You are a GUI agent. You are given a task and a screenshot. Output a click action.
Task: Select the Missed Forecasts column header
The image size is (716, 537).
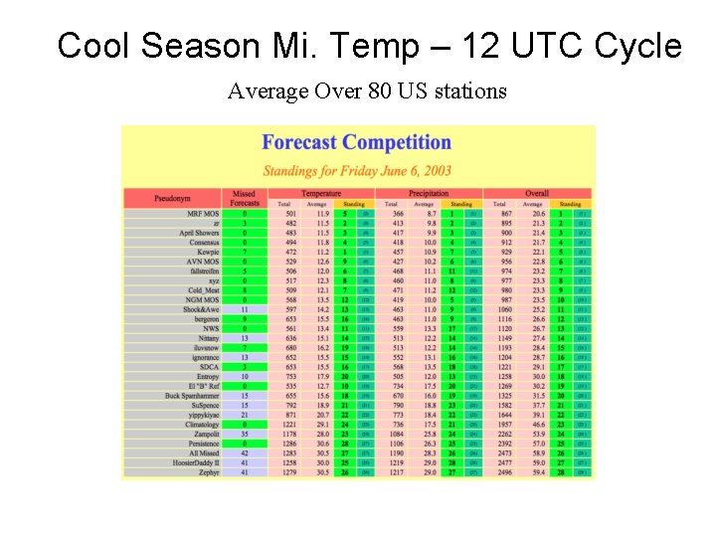coord(244,198)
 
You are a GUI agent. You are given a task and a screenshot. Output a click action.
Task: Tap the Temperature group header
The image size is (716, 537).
coord(321,193)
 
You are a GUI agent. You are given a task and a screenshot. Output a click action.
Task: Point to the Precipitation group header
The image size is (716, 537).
coord(429,193)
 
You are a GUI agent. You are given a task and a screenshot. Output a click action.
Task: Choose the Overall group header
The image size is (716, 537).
coord(537,193)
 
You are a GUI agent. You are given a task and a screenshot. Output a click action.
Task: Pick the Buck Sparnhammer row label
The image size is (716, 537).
coord(192,396)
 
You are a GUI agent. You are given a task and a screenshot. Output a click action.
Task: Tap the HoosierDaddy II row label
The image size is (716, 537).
coord(196,462)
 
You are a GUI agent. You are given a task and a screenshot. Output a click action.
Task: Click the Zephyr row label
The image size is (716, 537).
coord(207,471)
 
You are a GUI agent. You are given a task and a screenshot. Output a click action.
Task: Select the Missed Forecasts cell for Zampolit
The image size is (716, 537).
coord(245,434)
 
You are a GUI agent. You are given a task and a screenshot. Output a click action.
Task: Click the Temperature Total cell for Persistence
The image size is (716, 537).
coord(290,443)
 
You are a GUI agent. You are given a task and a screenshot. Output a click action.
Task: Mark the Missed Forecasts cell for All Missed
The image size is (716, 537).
coord(245,452)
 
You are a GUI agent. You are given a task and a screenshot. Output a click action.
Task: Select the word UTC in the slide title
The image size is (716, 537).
coord(547,47)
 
